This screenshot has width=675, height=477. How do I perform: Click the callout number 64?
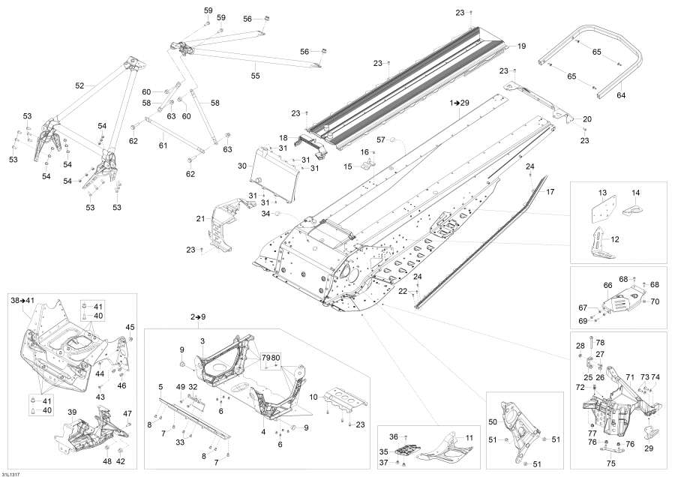pos(621,95)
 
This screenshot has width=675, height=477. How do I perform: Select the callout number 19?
pos(521,46)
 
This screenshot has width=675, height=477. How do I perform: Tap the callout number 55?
pos(255,76)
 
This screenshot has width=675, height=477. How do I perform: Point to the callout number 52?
pos(79,85)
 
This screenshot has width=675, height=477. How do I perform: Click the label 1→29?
pos(459,103)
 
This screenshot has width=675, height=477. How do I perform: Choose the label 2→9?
pos(198,316)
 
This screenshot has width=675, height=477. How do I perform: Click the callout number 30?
pos(242,166)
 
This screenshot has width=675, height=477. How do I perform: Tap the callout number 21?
pos(200,219)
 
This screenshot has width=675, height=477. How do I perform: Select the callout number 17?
pos(550,192)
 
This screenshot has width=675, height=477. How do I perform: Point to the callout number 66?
pos(607,286)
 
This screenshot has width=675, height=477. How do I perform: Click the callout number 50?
pos(493,421)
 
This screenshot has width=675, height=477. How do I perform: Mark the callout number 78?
pos(600,343)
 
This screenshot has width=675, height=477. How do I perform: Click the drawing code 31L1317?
pos(10,474)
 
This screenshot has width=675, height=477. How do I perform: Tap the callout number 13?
pos(602,193)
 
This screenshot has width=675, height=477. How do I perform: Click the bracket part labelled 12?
pos(600,243)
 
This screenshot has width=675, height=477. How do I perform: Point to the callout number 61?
pos(163,145)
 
